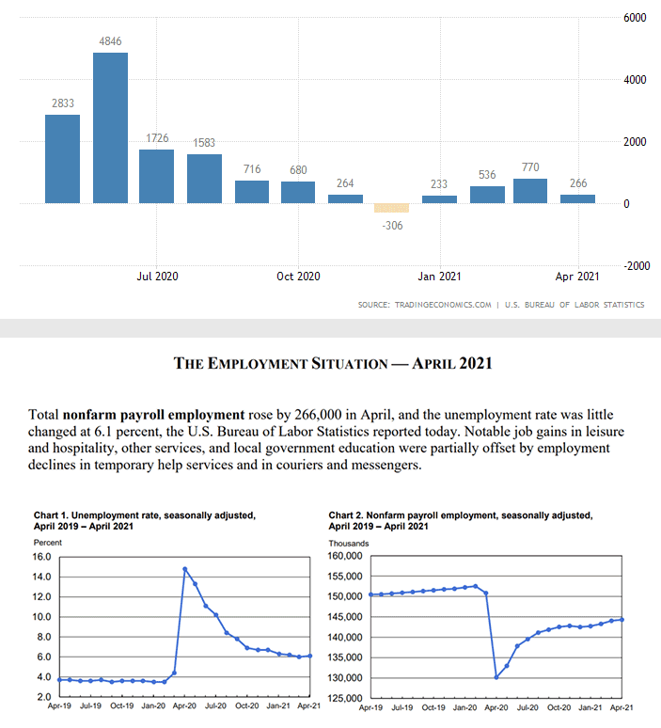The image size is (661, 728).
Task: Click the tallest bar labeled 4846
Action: point(110,128)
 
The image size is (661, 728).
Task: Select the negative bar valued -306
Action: point(391,208)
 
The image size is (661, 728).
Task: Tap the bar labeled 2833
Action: point(62,159)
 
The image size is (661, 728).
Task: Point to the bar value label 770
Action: point(530,167)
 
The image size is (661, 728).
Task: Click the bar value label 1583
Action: point(204,143)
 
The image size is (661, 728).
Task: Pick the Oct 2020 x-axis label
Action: point(298,277)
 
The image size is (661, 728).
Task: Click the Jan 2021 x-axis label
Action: point(439,277)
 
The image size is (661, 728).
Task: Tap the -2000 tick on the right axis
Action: point(636,266)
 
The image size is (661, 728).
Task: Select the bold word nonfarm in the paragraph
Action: point(94,414)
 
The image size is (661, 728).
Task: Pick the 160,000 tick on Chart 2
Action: point(345,557)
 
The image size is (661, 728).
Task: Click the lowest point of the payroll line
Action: point(496,677)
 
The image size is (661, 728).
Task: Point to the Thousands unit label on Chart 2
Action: point(349,543)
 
